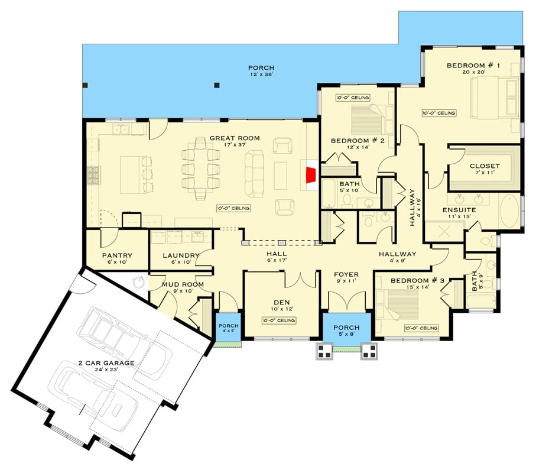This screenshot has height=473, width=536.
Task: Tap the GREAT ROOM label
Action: (x=235, y=139)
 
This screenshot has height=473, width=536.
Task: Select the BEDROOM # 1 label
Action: (x=466, y=65)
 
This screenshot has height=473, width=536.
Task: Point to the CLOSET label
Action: (x=485, y=166)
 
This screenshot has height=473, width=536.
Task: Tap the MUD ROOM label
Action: (x=183, y=284)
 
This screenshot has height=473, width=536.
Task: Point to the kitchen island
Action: (x=132, y=174)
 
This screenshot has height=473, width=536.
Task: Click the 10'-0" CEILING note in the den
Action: (x=279, y=320)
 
